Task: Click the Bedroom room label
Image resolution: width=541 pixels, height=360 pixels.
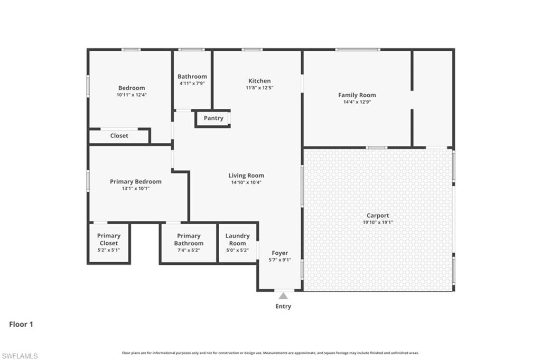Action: click(x=132, y=88)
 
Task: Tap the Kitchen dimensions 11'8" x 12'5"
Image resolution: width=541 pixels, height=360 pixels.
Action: click(x=259, y=88)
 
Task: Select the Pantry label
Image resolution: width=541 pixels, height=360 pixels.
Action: click(x=213, y=118)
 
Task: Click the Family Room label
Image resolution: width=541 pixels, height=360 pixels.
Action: click(x=357, y=95)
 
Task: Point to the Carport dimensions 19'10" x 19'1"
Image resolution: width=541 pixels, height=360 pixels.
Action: click(x=378, y=223)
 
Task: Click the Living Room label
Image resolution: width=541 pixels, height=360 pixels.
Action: click(x=246, y=176)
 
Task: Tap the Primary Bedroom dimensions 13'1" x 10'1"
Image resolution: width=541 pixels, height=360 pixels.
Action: click(x=136, y=188)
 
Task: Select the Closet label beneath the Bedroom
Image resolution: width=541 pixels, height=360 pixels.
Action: click(x=119, y=136)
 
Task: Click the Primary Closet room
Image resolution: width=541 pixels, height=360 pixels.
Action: click(x=109, y=243)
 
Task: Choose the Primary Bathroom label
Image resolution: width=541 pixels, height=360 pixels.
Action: click(x=189, y=239)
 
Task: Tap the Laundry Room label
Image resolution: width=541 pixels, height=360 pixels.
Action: click(x=237, y=239)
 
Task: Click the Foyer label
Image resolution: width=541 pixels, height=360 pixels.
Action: click(x=280, y=253)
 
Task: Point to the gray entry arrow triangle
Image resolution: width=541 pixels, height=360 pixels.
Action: click(x=283, y=296)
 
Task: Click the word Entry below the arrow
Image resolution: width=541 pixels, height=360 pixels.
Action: click(x=283, y=306)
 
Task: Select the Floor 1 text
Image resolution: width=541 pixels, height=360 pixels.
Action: click(x=21, y=325)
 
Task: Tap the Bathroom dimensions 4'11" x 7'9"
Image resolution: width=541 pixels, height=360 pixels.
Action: click(x=192, y=84)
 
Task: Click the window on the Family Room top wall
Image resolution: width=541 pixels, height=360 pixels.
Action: click(x=358, y=50)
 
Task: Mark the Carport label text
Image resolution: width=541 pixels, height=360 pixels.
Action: click(x=378, y=216)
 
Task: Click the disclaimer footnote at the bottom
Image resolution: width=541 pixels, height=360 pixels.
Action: click(x=270, y=353)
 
